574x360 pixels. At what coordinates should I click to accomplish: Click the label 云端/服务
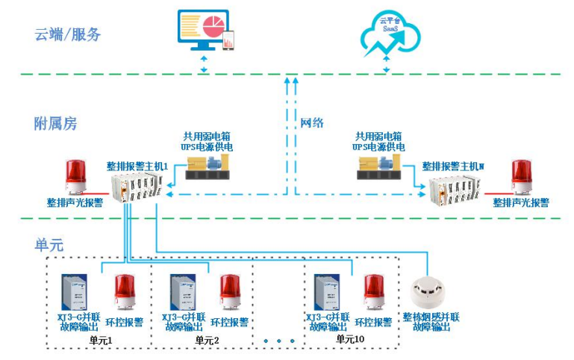click(x=67, y=34)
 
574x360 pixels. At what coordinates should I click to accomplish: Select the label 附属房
click(x=55, y=123)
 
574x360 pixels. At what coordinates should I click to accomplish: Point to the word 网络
click(x=312, y=123)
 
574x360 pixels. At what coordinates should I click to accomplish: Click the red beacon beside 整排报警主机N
click(x=521, y=178)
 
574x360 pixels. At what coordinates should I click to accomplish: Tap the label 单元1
click(x=100, y=340)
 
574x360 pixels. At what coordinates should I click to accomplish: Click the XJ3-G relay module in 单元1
click(x=76, y=291)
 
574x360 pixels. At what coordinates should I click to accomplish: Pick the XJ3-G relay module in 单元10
click(x=327, y=291)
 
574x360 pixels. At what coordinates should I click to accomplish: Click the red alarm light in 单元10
click(x=374, y=292)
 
